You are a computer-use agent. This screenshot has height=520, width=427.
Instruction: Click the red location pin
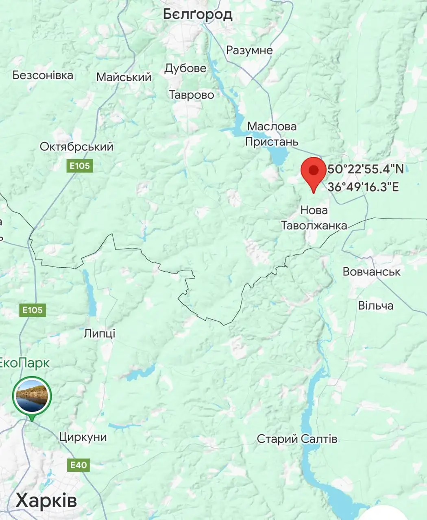(x=313, y=171)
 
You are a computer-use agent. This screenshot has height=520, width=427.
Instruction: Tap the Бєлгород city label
(x=198, y=14)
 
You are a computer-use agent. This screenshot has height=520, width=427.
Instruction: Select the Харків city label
(x=46, y=500)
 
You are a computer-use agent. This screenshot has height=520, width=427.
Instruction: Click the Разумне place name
(x=249, y=50)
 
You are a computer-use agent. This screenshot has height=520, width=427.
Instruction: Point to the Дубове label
(x=185, y=68)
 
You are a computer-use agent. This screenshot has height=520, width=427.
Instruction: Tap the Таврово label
(x=191, y=95)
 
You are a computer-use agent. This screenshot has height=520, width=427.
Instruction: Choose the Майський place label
(x=124, y=77)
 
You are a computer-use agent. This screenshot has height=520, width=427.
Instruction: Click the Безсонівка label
(x=43, y=75)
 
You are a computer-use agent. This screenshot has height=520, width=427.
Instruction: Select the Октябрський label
(x=76, y=147)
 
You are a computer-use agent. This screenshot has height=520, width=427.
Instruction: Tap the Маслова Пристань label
(x=272, y=134)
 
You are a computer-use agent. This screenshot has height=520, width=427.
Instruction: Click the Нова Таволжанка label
(x=314, y=218)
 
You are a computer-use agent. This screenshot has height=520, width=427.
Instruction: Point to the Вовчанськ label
(x=371, y=271)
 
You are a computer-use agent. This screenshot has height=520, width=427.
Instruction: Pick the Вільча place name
(x=375, y=305)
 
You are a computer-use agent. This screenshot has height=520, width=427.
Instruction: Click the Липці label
(x=100, y=334)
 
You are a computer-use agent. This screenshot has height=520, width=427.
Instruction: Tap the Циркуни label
(x=83, y=437)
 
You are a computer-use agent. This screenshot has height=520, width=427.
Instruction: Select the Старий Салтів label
(x=297, y=439)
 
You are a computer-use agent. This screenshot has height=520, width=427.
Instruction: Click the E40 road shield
(x=78, y=465)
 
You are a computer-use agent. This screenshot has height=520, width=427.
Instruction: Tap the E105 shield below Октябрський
(x=80, y=166)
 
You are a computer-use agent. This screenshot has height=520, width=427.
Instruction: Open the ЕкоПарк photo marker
(x=32, y=396)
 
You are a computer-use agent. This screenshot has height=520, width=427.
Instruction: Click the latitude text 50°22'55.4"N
(x=366, y=169)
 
